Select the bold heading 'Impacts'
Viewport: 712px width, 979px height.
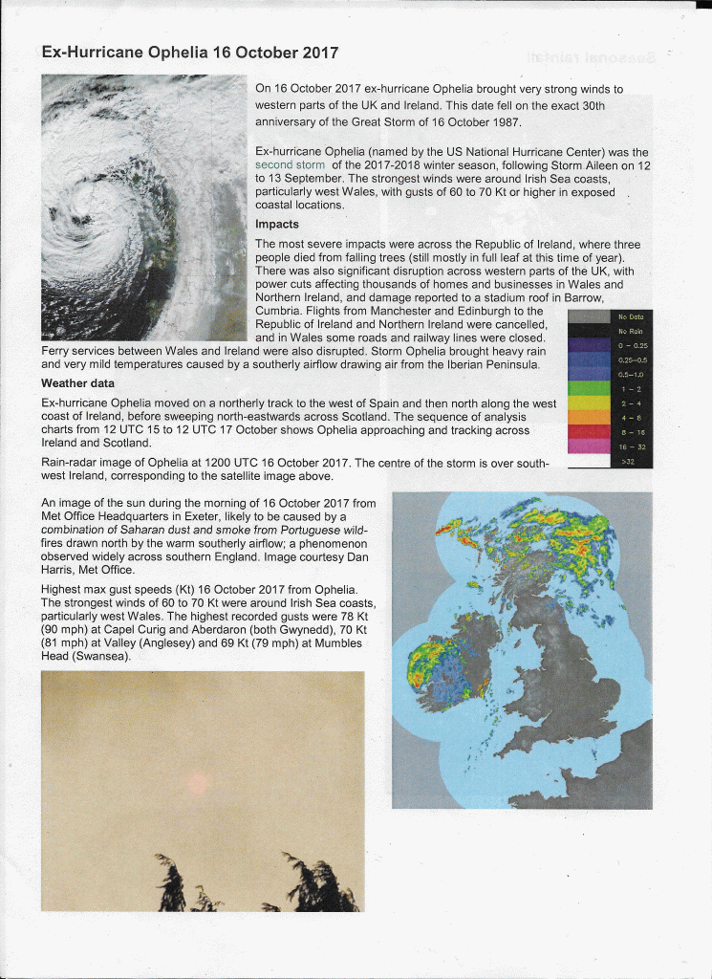(277, 225)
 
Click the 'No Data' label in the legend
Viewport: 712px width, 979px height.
(631, 316)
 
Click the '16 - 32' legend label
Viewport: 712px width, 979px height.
(631, 447)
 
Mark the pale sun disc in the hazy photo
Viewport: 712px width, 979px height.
(198, 784)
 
